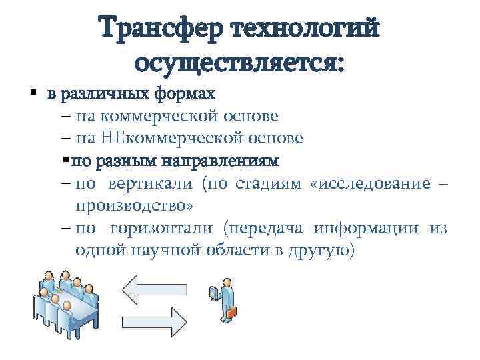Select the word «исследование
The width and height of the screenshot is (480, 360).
pos(369,183)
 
